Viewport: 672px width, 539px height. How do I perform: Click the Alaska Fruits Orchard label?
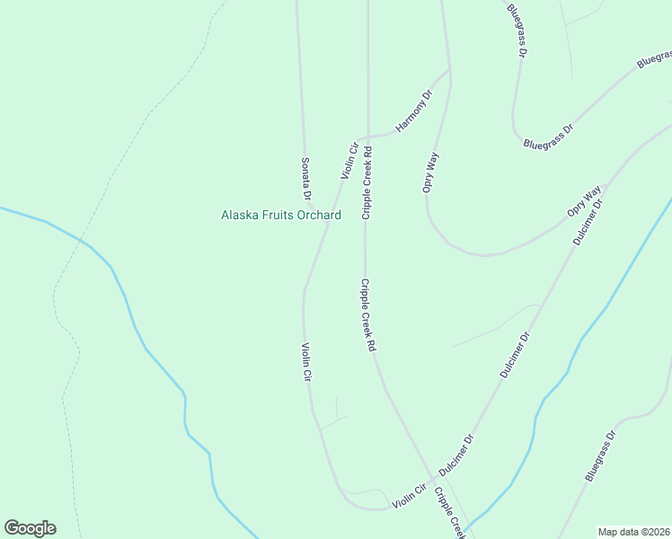281,216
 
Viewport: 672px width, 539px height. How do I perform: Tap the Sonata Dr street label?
305,178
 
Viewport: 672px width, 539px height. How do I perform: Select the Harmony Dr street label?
414,110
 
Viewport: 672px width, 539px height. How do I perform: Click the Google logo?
30,528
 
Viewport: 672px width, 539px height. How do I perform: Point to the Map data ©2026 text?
634,532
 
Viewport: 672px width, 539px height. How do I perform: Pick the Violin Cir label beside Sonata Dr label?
349,160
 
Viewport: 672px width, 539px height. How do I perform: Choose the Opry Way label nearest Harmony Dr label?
431,172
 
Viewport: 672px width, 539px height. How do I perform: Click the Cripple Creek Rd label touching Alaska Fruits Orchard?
367,184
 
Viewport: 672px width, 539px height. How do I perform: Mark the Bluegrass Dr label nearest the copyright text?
600,456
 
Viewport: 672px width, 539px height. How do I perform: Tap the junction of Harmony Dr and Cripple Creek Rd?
367,136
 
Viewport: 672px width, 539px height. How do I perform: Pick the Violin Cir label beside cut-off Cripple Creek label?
409,495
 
